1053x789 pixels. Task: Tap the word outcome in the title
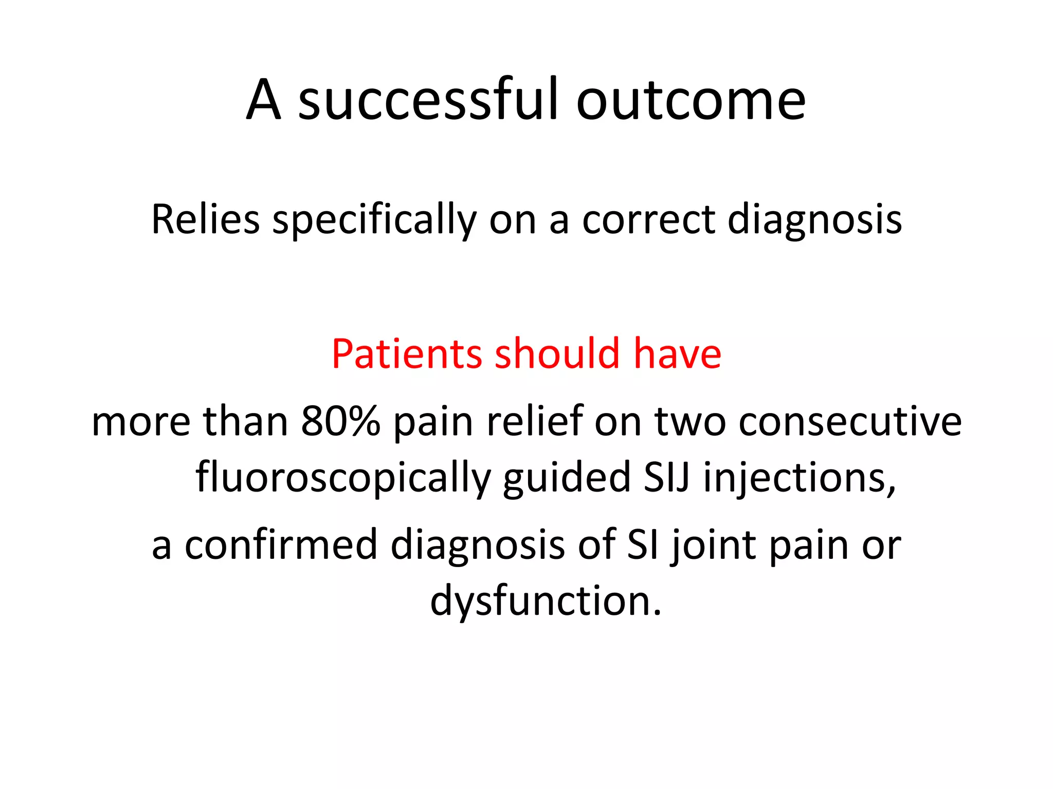(691, 101)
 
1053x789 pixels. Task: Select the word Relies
(205, 220)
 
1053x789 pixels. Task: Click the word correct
(649, 220)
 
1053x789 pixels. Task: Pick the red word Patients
(407, 354)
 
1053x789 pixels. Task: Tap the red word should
(557, 354)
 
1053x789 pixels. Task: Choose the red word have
(677, 354)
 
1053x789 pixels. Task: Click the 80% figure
(340, 421)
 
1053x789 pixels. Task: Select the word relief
(534, 421)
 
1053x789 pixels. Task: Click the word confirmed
(281, 544)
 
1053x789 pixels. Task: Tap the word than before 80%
(245, 421)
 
